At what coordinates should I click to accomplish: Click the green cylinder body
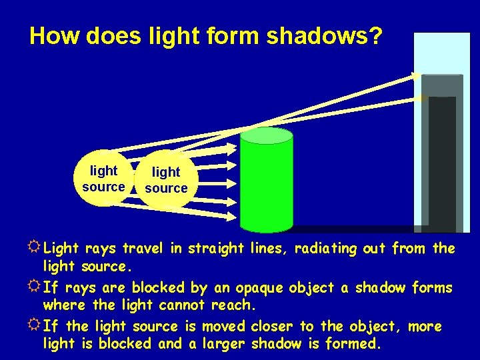click(266, 187)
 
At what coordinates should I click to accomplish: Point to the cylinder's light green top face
click(266, 136)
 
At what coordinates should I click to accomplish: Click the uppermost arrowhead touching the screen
click(417, 76)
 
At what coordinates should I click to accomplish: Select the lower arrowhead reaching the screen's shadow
click(421, 98)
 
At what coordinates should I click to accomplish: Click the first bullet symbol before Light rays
click(35, 249)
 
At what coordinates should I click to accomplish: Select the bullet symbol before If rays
click(35, 288)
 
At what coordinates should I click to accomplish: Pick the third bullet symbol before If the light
click(35, 327)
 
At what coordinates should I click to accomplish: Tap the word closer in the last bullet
click(272, 327)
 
